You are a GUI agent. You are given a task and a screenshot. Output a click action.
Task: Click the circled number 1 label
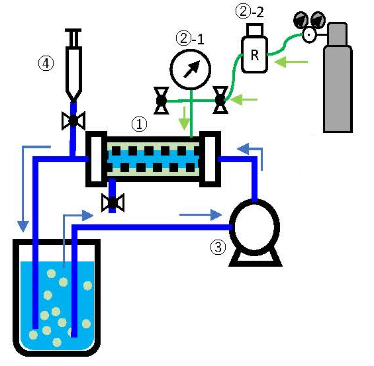point(140,124)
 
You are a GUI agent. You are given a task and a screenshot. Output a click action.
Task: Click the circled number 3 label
point(218,248)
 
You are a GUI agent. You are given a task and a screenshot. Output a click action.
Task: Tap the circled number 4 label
point(46,64)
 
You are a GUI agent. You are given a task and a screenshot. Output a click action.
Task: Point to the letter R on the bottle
point(255,55)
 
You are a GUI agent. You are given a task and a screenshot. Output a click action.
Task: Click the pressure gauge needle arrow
point(191,69)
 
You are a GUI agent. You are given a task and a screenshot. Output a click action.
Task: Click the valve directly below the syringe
point(73,120)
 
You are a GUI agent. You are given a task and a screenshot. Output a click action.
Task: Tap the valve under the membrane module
point(113,203)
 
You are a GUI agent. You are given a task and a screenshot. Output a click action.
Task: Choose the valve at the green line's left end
point(162,101)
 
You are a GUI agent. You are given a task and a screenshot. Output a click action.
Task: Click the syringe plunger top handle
point(73,30)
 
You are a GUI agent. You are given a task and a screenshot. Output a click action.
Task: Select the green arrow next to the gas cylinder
point(291,62)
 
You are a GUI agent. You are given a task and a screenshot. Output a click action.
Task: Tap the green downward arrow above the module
point(184,118)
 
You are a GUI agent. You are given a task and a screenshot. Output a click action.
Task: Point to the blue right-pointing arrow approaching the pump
point(201,215)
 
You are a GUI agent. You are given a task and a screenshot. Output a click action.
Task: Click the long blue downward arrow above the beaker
point(23,189)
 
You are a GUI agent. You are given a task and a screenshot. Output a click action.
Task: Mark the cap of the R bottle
point(255,30)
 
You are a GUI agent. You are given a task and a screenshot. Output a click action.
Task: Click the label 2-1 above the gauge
point(190,38)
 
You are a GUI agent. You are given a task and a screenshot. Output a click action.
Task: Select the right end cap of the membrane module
point(210,159)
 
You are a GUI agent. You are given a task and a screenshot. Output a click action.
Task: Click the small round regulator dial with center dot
point(309,35)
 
